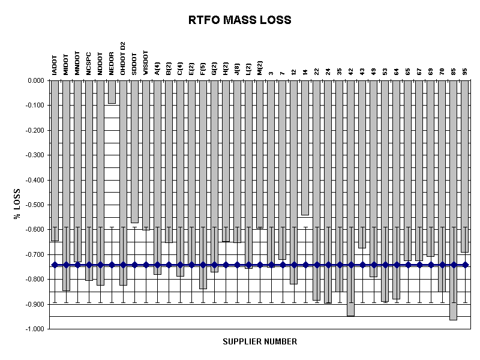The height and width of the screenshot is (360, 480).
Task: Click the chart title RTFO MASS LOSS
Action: coord(239,20)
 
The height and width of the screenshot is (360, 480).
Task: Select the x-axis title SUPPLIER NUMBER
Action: coord(260,341)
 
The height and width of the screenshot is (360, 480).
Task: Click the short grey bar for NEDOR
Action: coord(112,92)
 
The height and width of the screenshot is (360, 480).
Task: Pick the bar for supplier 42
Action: coord(351,198)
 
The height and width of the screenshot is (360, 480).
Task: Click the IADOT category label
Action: coord(55,64)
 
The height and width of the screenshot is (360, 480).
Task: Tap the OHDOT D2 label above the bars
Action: coord(123,58)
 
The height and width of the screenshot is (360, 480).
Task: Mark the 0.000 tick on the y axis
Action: coord(36,80)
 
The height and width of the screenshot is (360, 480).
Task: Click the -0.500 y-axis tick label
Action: coord(35,205)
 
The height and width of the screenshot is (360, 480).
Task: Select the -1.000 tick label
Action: coord(35,329)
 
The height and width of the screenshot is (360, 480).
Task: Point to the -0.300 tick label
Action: coord(35,155)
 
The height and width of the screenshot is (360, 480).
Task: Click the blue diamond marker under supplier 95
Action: coord(465,265)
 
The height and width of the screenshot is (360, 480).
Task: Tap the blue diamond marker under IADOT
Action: coord(55,265)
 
